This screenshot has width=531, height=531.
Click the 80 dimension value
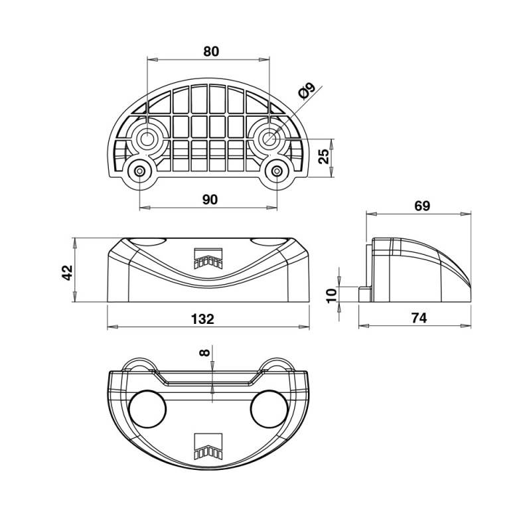pyautogui.click(x=211, y=52)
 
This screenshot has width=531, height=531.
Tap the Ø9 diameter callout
pyautogui.click(x=307, y=91)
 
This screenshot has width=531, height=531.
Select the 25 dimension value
pyautogui.click(x=325, y=156)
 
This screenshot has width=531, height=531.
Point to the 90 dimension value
pyautogui.click(x=210, y=200)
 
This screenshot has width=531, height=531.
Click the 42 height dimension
pyautogui.click(x=68, y=273)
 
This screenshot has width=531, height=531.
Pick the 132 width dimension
pyautogui.click(x=202, y=319)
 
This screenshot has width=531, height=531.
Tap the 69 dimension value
pyautogui.click(x=421, y=206)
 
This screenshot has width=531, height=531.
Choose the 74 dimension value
pyautogui.click(x=419, y=318)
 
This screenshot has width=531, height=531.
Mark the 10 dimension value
pyautogui.click(x=333, y=295)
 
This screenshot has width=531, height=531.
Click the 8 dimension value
pyautogui.click(x=204, y=353)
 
